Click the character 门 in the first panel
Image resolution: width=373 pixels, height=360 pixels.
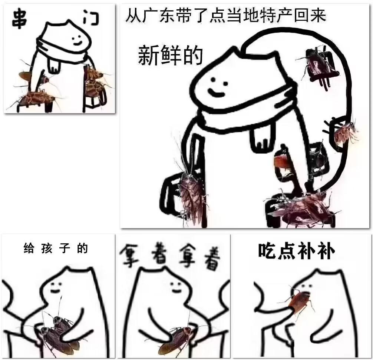coord(90,19)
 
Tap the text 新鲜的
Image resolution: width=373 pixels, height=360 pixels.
coord(170,56)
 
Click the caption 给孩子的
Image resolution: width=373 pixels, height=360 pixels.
coord(56,248)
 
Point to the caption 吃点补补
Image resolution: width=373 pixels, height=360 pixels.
coord(296,251)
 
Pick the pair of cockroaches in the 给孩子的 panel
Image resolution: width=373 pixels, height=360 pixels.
coord(59,333)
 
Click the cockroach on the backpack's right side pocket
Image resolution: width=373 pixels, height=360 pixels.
coord(345,133)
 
